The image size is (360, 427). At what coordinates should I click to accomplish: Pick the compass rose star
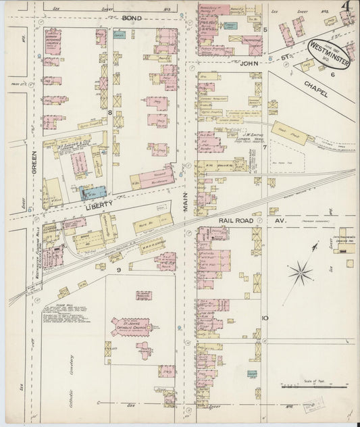[x=301, y=273]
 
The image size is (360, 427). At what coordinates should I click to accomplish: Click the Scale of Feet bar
[x=314, y=387]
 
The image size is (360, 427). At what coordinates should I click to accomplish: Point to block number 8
[x=109, y=111]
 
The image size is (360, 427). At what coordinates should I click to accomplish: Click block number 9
[x=119, y=270]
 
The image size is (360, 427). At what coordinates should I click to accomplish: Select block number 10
[x=265, y=318]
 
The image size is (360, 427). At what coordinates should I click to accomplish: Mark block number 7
[x=265, y=147]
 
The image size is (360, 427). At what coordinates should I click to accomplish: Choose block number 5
[x=265, y=30]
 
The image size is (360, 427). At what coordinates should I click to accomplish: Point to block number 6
[x=332, y=74]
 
